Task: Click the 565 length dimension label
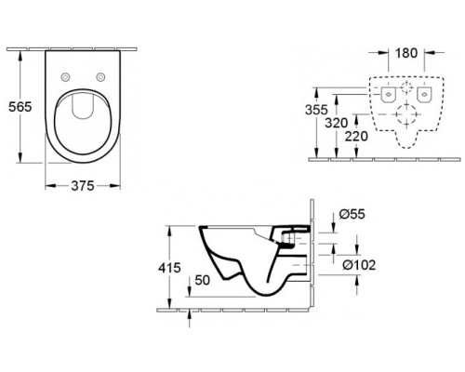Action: pos(20,107)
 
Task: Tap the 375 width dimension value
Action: pos(83,186)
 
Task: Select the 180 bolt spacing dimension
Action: pos(406,53)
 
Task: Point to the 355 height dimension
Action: pos(316,110)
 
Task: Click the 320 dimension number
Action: pos(337,123)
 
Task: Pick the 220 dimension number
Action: pos(356,136)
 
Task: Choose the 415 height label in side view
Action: pos(169,268)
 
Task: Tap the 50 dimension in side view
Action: pos(202,280)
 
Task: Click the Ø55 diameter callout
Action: pos(352,214)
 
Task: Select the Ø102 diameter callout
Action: pos(359,265)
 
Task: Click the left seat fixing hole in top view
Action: pos(65,77)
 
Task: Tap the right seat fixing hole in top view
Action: pos(100,77)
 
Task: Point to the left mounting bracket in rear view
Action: pos(388,95)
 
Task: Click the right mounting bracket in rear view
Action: pos(424,95)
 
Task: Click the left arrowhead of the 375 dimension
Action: pos(50,186)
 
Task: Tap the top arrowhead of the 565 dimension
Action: pos(20,56)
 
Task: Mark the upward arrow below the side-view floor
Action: pos(190,317)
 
